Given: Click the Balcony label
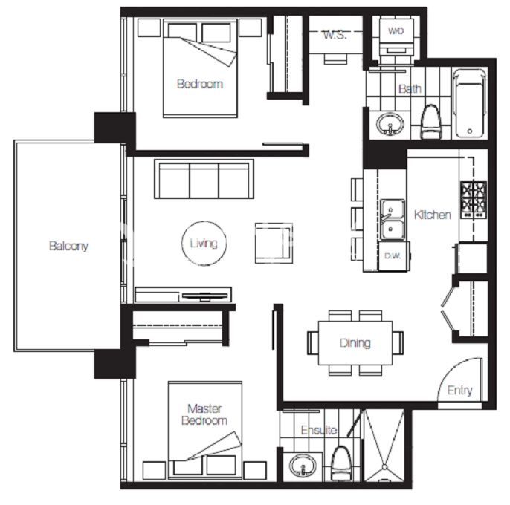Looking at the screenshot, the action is [68, 246].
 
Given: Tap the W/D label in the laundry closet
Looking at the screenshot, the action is [396, 31].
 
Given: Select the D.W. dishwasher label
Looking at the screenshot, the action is [393, 256].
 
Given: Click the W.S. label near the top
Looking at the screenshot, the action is [335, 35].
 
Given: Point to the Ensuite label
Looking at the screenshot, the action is [319, 430].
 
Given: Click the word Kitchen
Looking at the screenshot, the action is [432, 215].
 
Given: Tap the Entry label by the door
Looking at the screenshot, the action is [459, 391].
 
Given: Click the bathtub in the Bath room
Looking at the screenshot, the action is [470, 104].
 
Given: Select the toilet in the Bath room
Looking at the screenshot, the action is [432, 122].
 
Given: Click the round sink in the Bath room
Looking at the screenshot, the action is [390, 124].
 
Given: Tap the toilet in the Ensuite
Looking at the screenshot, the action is [341, 463].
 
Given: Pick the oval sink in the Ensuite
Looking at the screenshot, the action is [303, 466].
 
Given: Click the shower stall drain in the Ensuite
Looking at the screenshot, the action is [385, 467].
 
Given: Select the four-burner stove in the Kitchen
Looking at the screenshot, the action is [474, 200].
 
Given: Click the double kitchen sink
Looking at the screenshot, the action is [393, 220].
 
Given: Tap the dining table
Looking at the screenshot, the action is [355, 343].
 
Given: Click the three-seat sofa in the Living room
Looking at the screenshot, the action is [204, 179].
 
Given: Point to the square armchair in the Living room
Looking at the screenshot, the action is [274, 243].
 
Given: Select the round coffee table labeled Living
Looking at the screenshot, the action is [204, 244].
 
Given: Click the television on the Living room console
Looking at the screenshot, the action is [204, 296].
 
